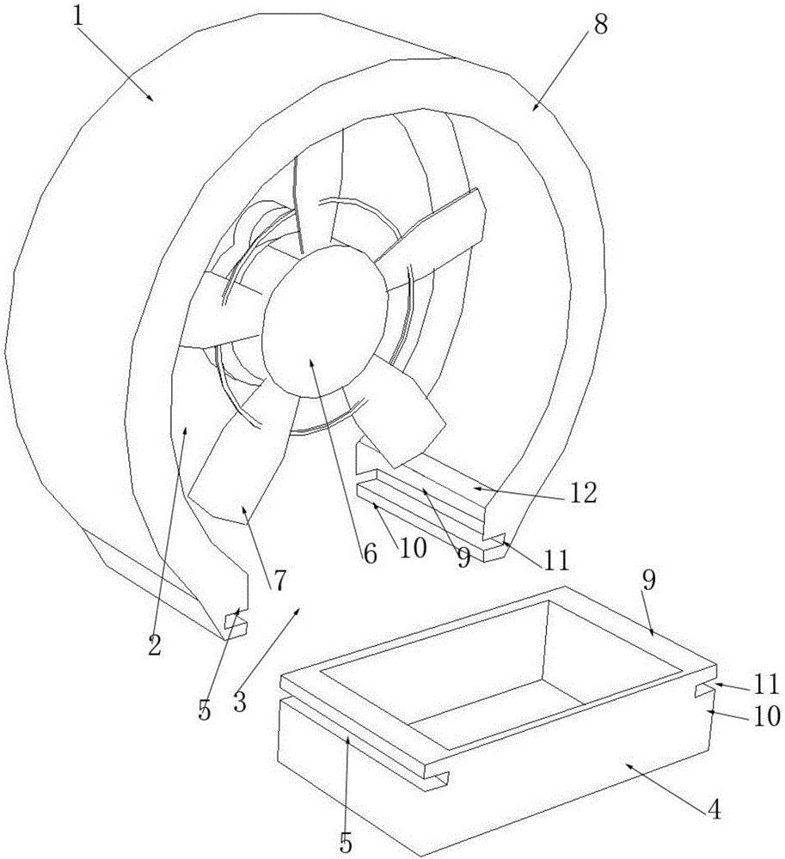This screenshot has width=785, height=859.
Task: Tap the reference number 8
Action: [x=601, y=26]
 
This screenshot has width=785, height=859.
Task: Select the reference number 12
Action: [x=583, y=493]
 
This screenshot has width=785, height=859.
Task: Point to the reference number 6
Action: [x=370, y=554]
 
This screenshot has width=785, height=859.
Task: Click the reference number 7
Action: [x=279, y=581]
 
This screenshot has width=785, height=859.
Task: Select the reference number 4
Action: [x=714, y=810]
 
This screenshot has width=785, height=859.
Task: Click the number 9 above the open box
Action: [x=648, y=581]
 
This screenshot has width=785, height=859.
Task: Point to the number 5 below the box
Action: [x=346, y=844]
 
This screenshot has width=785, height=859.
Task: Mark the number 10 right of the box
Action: [x=766, y=716]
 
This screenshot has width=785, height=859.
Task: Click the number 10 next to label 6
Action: [x=413, y=547]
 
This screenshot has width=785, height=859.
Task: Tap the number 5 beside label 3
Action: [x=205, y=710]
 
